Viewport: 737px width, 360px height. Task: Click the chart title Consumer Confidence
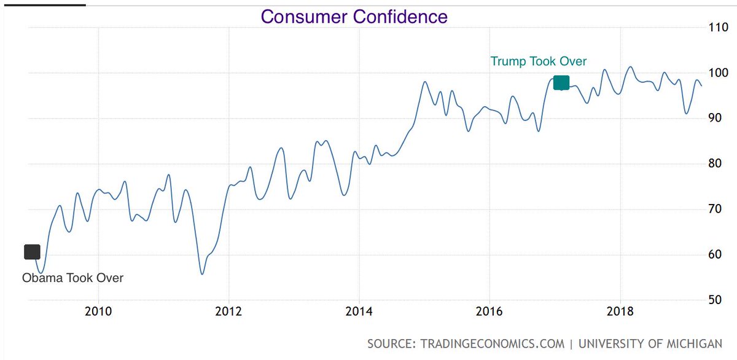[x=354, y=17]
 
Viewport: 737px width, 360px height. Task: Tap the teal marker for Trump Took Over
[x=561, y=83]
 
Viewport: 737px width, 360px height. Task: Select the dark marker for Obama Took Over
[x=32, y=252]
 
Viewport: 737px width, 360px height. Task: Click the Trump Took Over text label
[x=538, y=61]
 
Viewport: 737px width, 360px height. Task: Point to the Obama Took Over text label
[x=72, y=278]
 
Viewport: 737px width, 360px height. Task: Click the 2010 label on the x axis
[x=98, y=310]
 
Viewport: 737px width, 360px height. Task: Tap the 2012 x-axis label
[x=228, y=310]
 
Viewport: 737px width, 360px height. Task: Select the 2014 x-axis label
[x=359, y=310]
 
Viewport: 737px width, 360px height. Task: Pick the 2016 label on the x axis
[x=489, y=310]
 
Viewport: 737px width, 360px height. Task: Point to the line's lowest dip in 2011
[x=202, y=273]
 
